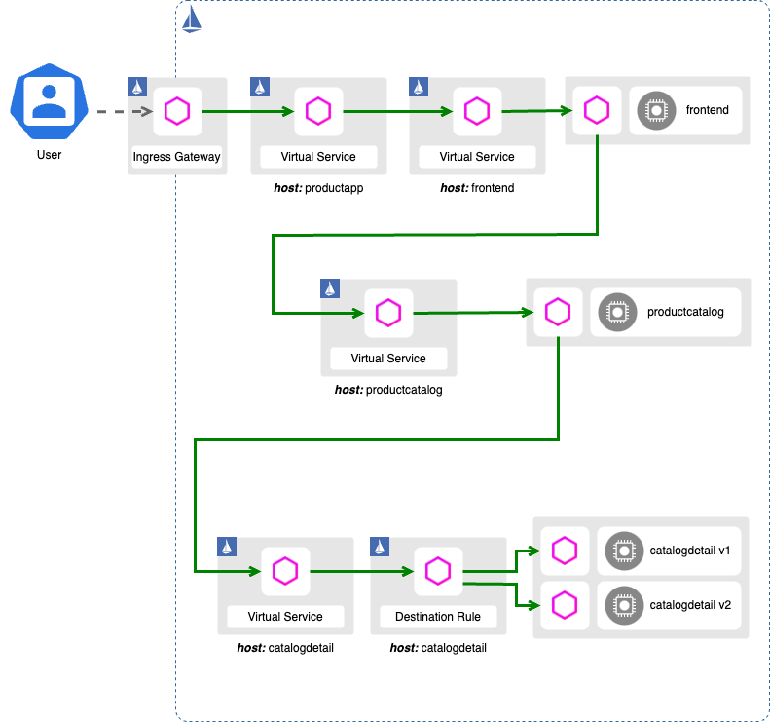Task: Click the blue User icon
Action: click(47, 101)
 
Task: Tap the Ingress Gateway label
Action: click(176, 156)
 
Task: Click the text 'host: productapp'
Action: click(318, 188)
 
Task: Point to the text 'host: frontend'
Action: click(476, 188)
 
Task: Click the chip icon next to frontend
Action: click(656, 111)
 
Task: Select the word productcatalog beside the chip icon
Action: click(685, 313)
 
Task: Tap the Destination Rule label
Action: click(438, 616)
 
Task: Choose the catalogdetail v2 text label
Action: click(690, 605)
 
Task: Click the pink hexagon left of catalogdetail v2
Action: click(564, 605)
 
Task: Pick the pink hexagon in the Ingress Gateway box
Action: click(177, 111)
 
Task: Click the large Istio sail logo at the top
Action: click(192, 19)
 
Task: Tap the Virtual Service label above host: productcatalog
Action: click(388, 359)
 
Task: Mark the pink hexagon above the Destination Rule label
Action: click(438, 571)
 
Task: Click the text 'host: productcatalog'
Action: click(388, 390)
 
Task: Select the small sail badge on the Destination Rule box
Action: click(380, 548)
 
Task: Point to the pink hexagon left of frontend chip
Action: click(596, 111)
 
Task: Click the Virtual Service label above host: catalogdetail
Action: click(285, 616)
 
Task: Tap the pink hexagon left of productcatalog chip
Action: click(557, 313)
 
